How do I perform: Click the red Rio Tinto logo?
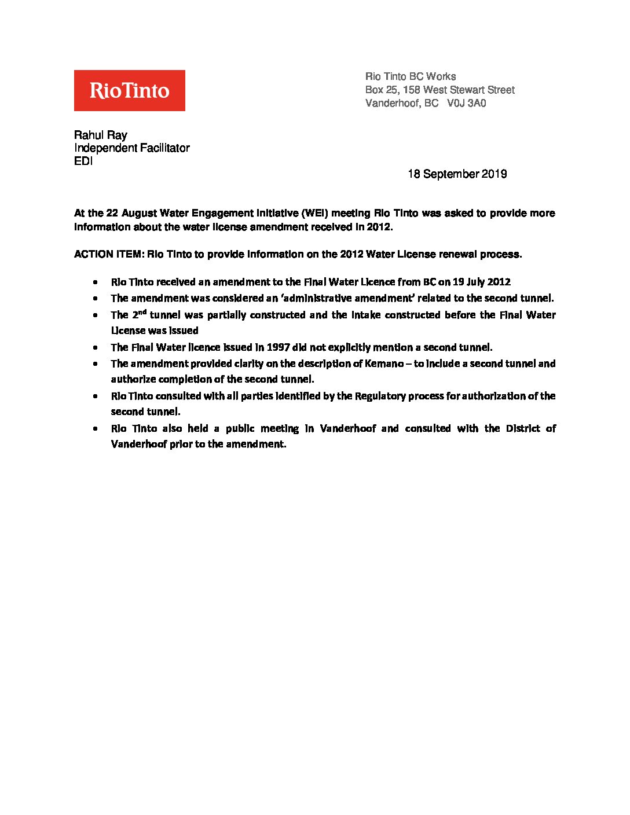click(129, 90)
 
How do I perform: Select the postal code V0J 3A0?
click(467, 104)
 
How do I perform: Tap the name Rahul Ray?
click(100, 135)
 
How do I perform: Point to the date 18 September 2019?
click(457, 174)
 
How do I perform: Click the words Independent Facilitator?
click(131, 148)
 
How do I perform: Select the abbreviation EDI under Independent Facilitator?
click(83, 161)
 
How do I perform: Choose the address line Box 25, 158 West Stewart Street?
click(439, 90)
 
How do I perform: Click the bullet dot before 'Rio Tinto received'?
click(94, 282)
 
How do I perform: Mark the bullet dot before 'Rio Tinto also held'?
click(94, 429)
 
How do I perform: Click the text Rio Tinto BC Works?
click(410, 76)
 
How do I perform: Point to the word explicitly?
click(347, 347)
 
